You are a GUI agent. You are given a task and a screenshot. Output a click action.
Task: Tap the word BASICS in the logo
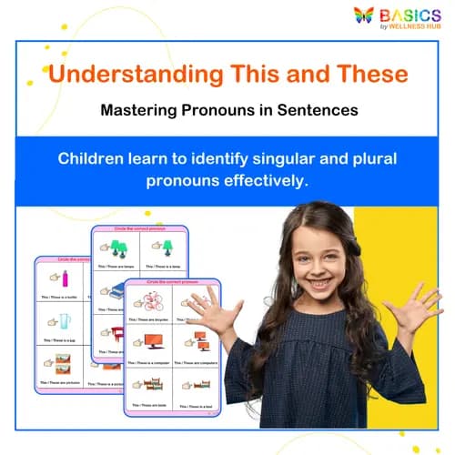coord(410,15)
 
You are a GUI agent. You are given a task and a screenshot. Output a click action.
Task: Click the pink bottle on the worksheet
coord(66,276)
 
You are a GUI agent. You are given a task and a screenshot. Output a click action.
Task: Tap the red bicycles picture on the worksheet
coord(147,301)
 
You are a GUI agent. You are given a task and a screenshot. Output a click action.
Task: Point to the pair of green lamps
coord(117,246)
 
